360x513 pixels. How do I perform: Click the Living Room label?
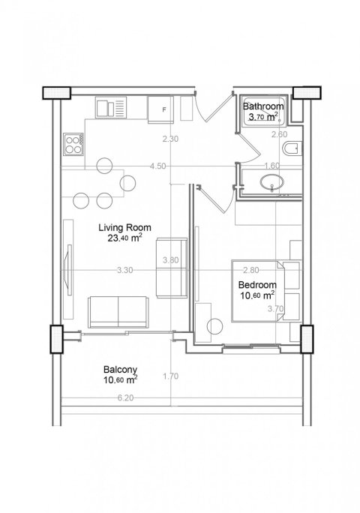click(x=124, y=227)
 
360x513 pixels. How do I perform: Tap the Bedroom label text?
click(x=257, y=285)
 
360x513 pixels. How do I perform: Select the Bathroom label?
click(x=263, y=106)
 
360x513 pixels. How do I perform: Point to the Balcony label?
click(x=120, y=370)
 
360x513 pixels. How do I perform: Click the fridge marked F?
click(x=160, y=109)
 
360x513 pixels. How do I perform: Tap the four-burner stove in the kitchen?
click(x=73, y=144)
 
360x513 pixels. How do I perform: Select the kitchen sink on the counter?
click(x=111, y=107)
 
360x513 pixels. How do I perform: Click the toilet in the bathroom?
click(x=292, y=148)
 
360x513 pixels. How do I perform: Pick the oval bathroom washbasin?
click(x=272, y=182)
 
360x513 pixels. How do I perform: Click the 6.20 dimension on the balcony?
click(x=125, y=398)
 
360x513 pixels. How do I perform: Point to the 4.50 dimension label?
click(x=157, y=166)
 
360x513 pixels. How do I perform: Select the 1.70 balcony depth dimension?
click(x=170, y=376)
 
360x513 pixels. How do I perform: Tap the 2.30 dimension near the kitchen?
click(x=170, y=139)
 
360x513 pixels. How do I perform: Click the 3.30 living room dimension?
click(x=125, y=270)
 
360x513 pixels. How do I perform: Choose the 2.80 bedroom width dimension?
click(x=251, y=270)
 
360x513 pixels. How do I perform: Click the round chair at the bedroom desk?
click(x=215, y=326)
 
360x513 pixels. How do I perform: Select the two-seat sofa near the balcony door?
click(x=118, y=312)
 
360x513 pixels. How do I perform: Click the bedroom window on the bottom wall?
click(x=251, y=349)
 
